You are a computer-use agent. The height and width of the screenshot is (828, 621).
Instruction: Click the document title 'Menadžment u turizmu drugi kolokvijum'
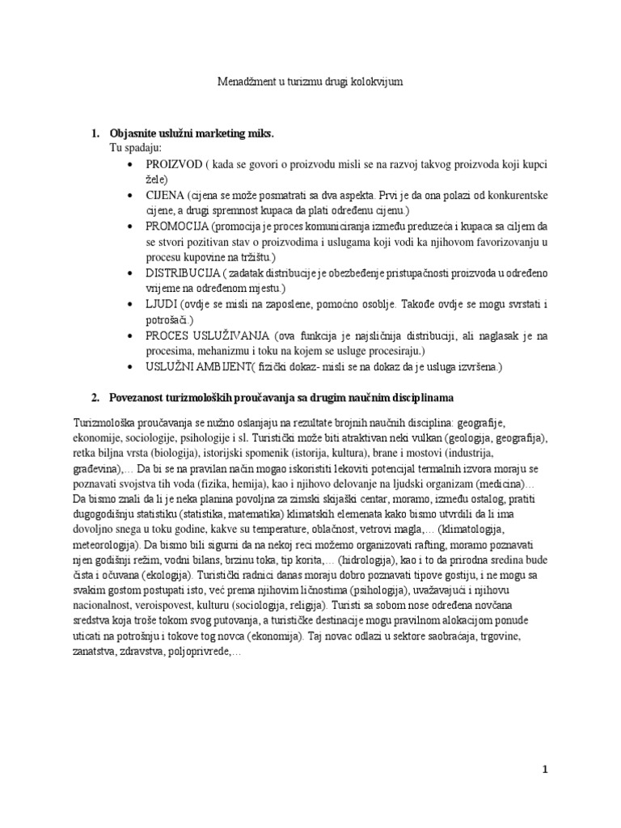coord(311,82)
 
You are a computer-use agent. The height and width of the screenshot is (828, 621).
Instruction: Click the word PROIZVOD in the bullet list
coord(174,164)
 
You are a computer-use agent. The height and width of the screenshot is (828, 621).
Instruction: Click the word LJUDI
coord(161,305)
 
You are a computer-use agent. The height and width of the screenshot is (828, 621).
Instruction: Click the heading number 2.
coord(95,398)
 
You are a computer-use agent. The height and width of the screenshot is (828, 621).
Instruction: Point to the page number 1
coord(546,770)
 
